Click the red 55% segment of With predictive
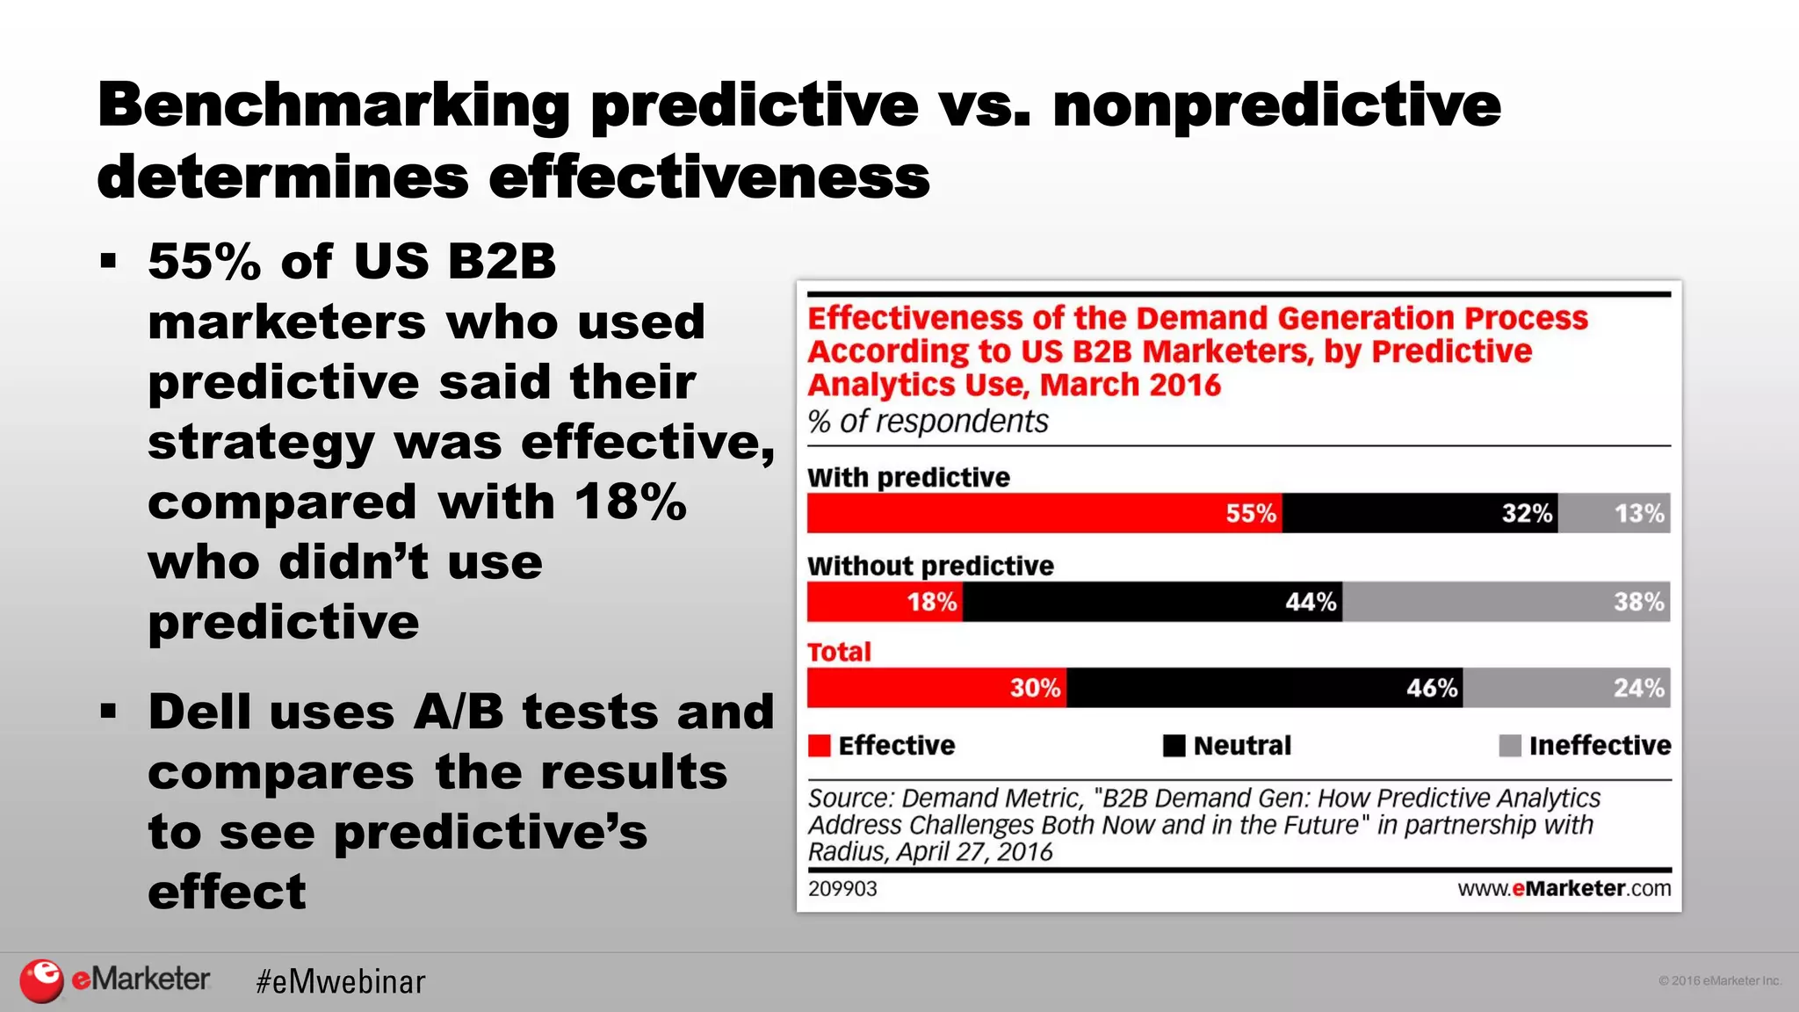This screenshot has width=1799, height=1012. pyautogui.click(x=1044, y=513)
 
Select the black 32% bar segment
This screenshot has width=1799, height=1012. pyautogui.click(x=1420, y=513)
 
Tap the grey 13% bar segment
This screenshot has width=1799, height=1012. pyautogui.click(x=1615, y=513)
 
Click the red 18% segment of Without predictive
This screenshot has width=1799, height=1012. pyautogui.click(x=885, y=602)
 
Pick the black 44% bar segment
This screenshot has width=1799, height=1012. pyautogui.click(x=1152, y=602)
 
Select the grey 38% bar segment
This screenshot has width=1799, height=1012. pyautogui.click(x=1506, y=602)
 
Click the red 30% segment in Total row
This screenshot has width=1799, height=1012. pyautogui.click(x=936, y=688)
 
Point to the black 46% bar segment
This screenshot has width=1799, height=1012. pyautogui.click(x=1264, y=688)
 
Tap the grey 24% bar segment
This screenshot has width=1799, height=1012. pyautogui.click(x=1566, y=688)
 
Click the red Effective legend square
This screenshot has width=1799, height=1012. pyautogui.click(x=819, y=746)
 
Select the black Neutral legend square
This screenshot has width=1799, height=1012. pyautogui.click(x=1174, y=746)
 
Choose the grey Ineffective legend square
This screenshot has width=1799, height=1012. pyautogui.click(x=1509, y=746)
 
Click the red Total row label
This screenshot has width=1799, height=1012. pyautogui.click(x=839, y=652)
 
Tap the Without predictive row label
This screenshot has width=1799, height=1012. pyautogui.click(x=930, y=566)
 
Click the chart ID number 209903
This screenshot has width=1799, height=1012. pyautogui.click(x=842, y=889)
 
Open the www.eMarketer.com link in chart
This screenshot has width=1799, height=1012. pyautogui.click(x=1564, y=889)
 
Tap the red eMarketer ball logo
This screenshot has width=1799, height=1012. pyautogui.click(x=41, y=980)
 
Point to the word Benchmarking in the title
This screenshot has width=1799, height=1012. pyautogui.click(x=334, y=105)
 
